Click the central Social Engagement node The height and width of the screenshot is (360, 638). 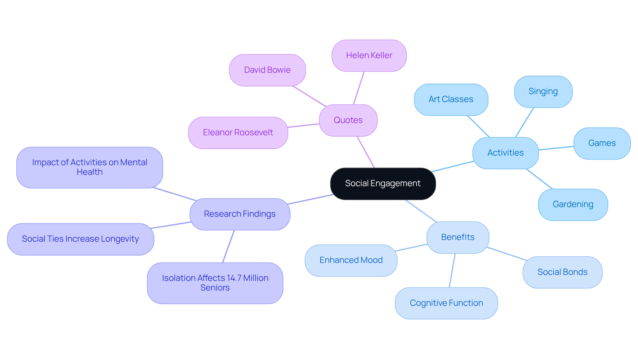(x=383, y=183)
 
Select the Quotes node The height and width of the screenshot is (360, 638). (x=348, y=120)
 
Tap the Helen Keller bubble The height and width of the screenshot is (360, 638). (x=369, y=56)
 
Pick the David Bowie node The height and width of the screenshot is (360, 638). (x=267, y=70)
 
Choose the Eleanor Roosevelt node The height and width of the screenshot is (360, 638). (x=238, y=133)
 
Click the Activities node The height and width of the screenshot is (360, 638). (x=505, y=153)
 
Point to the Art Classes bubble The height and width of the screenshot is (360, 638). (x=451, y=99)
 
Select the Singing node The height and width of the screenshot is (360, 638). (x=543, y=91)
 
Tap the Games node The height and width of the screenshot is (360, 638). (x=602, y=143)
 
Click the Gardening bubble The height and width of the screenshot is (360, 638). (x=573, y=204)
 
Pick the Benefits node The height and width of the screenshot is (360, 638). (x=458, y=237)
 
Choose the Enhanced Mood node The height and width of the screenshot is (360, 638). (x=351, y=260)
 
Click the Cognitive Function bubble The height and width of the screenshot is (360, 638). (x=446, y=303)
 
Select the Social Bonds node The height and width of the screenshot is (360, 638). (x=562, y=272)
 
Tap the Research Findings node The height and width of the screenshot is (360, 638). (x=240, y=214)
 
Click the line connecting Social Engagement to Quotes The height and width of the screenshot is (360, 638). (x=366, y=152)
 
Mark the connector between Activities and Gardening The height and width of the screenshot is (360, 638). (x=539, y=179)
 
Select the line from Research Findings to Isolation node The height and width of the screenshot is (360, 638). (x=228, y=246)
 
